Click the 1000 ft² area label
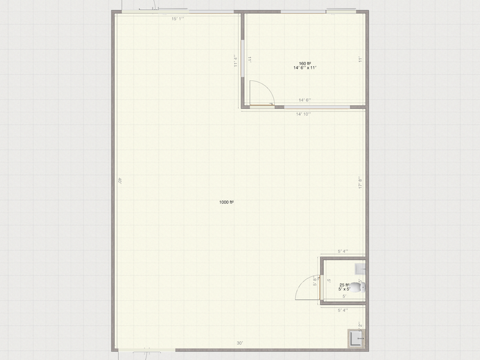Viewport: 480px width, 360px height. coord(227,202)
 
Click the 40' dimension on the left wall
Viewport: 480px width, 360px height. coord(121,181)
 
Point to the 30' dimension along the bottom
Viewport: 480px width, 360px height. coord(241,343)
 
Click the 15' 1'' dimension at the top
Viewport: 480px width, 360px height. coord(178,19)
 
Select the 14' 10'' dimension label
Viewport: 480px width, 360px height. coord(304,114)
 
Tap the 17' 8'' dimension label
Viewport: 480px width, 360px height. coord(360,183)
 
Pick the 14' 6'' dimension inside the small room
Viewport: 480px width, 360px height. coord(305,100)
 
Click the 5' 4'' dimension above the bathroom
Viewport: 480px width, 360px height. coord(343,251)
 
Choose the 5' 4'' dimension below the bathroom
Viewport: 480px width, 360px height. coord(343,310)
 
